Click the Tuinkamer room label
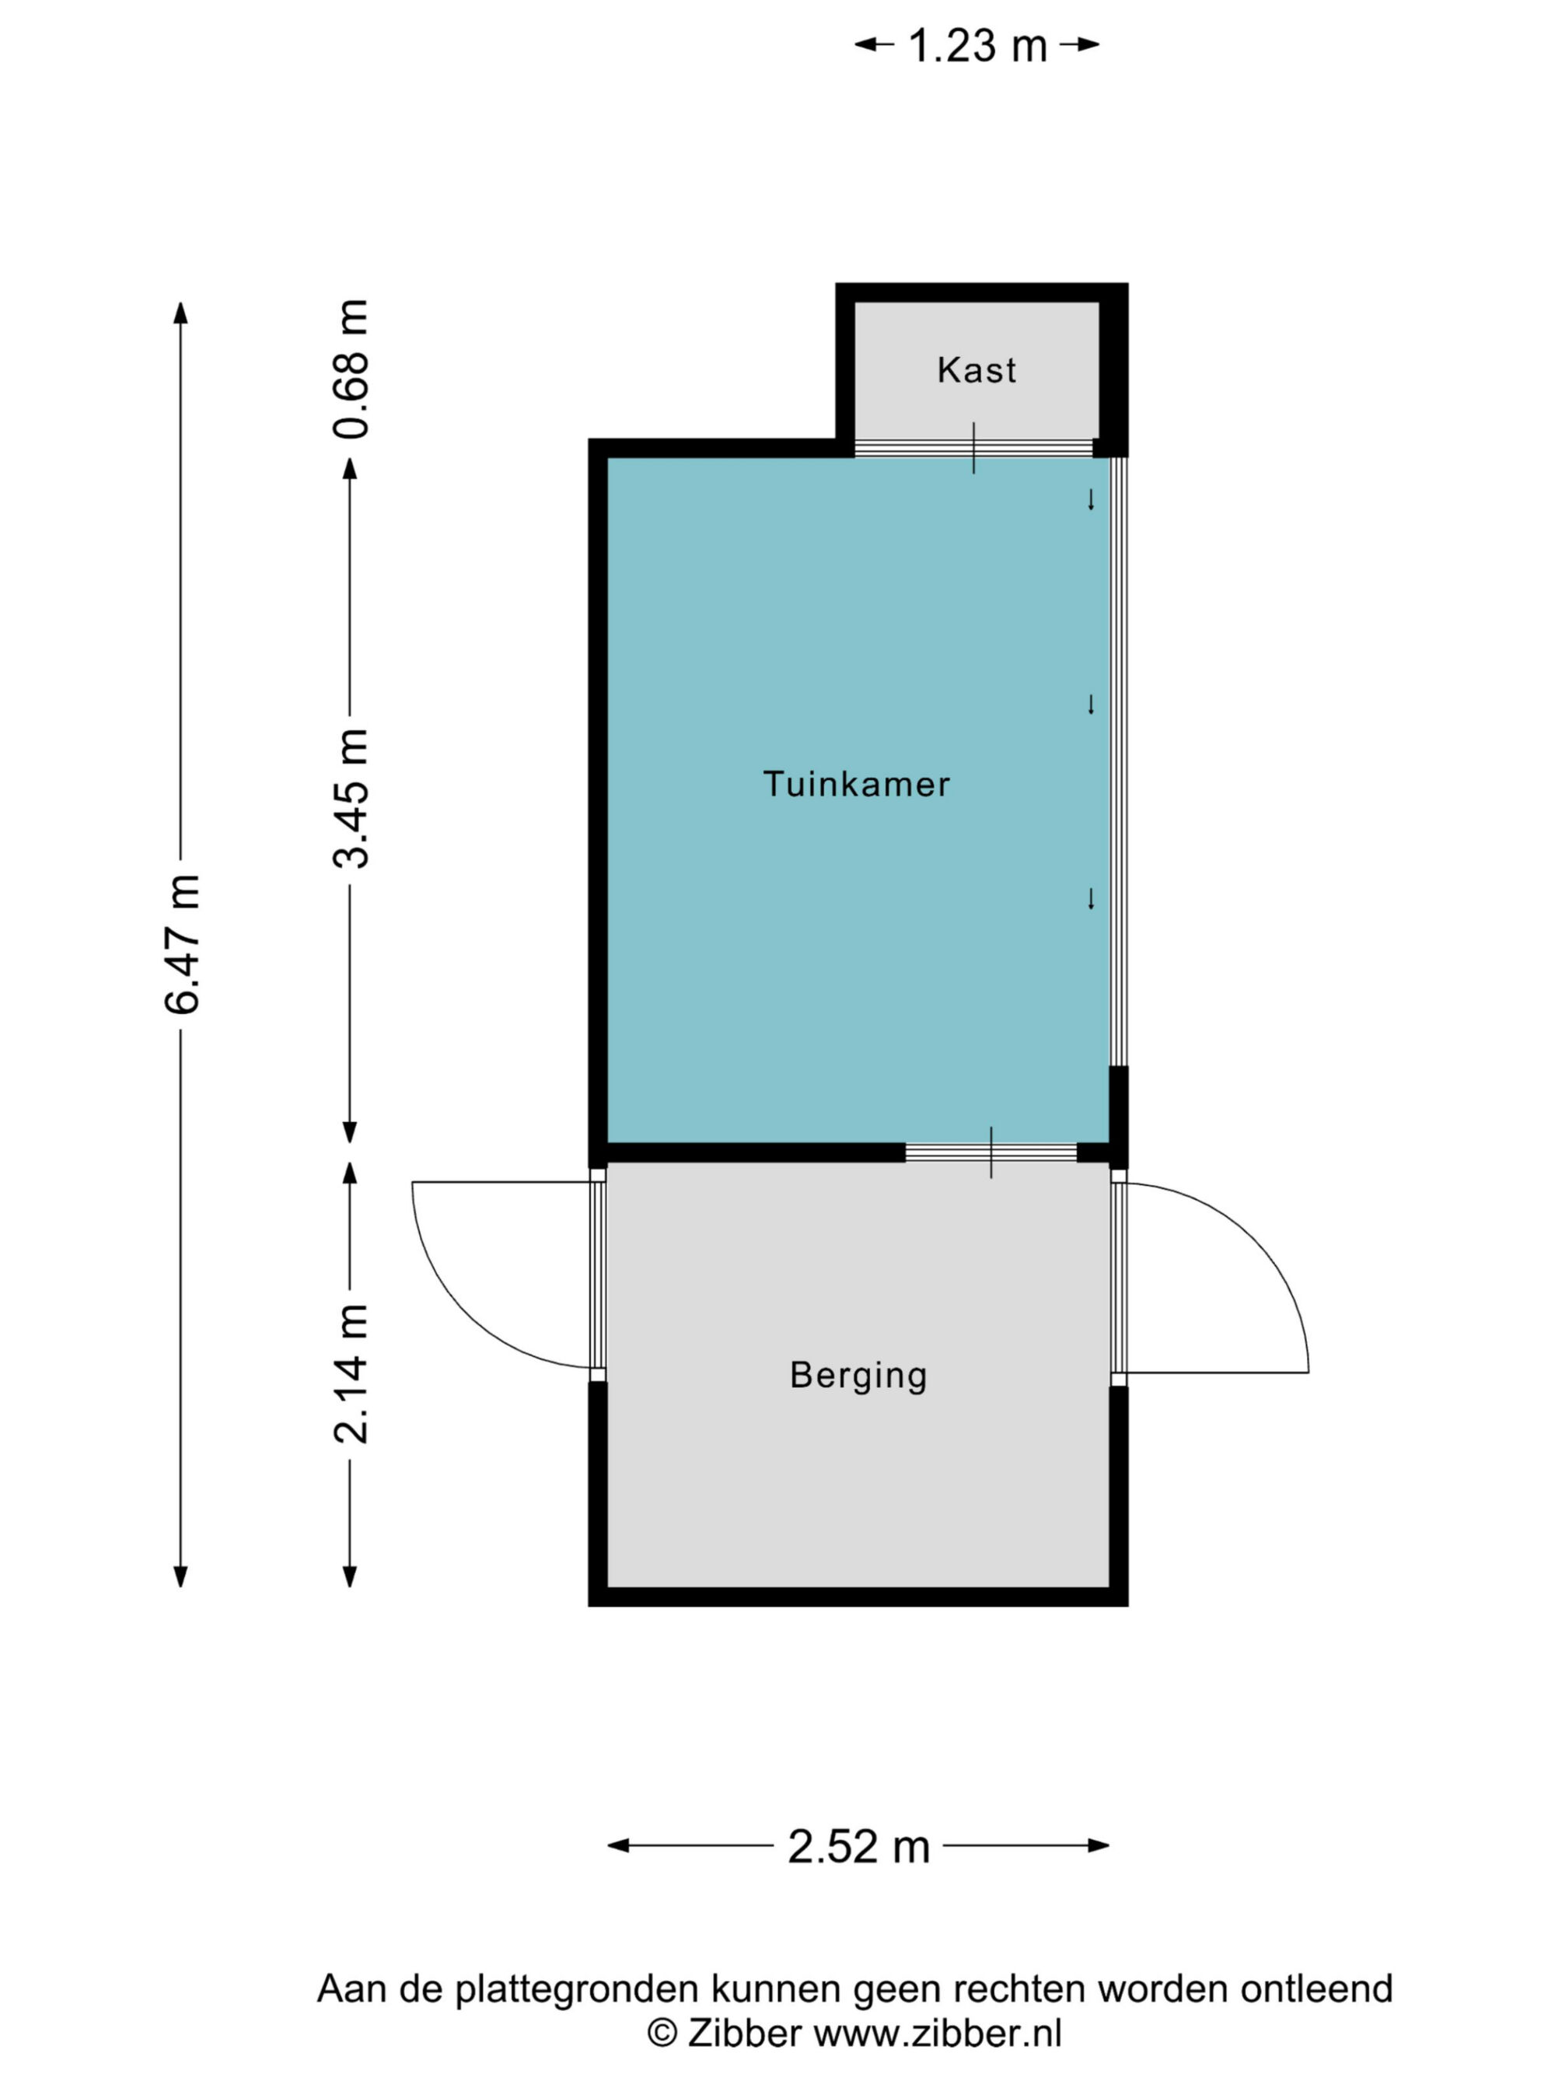click(856, 784)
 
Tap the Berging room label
click(858, 1376)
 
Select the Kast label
click(976, 369)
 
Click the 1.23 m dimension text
click(977, 45)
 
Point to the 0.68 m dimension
click(351, 369)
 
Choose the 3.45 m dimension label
click(351, 798)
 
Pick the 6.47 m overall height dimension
click(182, 943)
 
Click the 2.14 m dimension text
click(351, 1373)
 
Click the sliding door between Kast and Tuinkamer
click(974, 448)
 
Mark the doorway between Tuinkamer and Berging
click(991, 1152)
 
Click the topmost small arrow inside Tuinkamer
click(1090, 500)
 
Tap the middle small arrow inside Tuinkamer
click(1090, 704)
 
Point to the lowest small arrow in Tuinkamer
click(1090, 898)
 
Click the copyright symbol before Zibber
click(662, 2033)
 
